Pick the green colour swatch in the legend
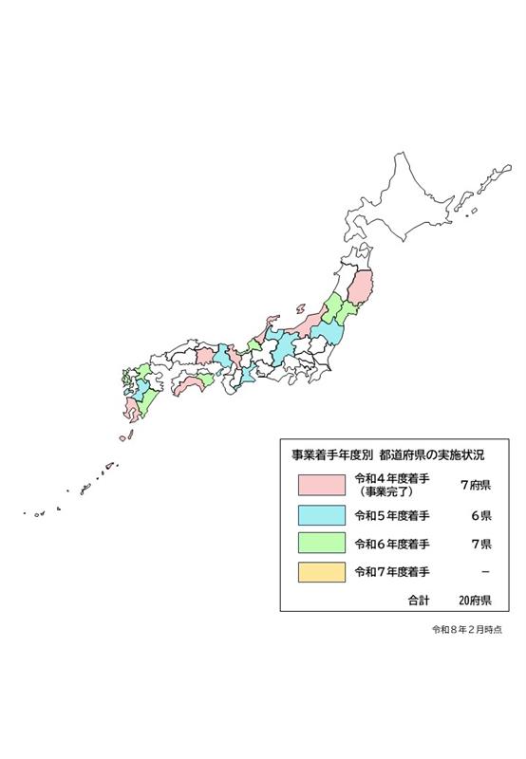point(320,544)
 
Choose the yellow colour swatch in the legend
point(320,572)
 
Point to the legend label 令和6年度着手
point(391,544)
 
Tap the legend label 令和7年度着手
point(391,572)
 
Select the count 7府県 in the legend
point(474,486)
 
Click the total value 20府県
point(473,601)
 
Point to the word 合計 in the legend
point(419,601)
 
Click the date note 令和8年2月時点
point(466,629)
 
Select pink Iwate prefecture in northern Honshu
point(361,287)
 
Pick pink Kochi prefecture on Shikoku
point(191,386)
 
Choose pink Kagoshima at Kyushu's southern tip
point(130,410)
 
